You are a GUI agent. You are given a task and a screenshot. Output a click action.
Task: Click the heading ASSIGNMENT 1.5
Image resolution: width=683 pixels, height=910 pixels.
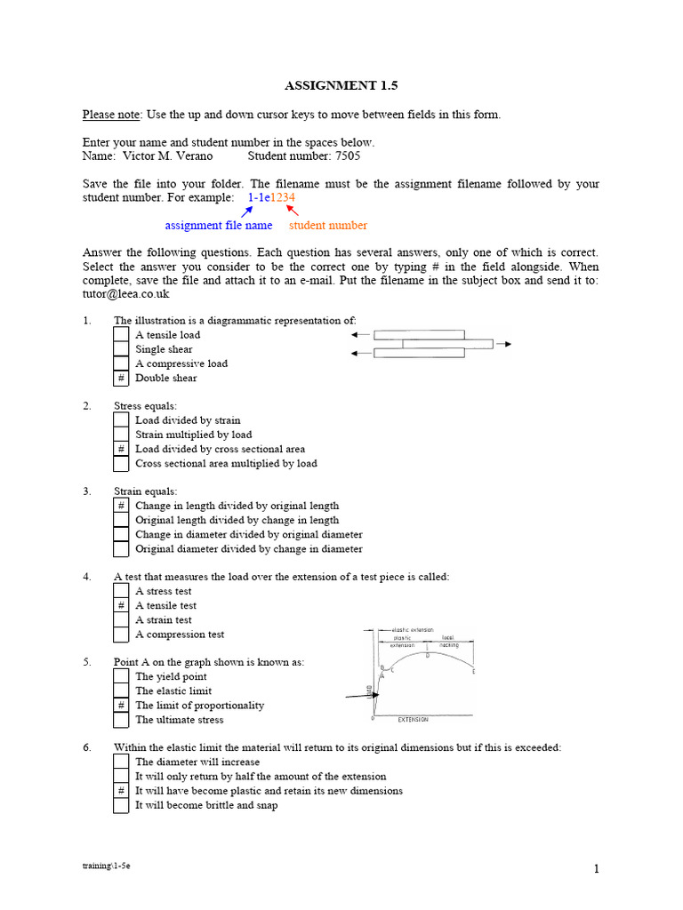tap(341, 85)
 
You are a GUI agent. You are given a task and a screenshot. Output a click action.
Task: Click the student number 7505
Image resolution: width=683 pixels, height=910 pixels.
tap(348, 156)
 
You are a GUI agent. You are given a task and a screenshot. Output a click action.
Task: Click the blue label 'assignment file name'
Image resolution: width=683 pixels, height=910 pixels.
tap(219, 226)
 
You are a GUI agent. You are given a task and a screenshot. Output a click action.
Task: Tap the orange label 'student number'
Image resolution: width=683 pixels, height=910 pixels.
tap(328, 226)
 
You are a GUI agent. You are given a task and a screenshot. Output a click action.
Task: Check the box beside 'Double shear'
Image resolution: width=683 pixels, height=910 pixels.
tap(121, 379)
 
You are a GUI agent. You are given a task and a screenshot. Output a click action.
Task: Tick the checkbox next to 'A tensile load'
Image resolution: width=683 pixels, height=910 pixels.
tap(121, 335)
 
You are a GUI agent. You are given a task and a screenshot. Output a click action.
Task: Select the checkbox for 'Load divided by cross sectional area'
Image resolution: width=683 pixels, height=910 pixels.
tap(121, 450)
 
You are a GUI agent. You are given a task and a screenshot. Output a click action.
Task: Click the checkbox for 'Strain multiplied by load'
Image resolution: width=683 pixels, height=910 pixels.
tap(121, 435)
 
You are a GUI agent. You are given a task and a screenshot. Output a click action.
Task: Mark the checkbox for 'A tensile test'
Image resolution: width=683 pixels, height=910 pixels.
tap(121, 606)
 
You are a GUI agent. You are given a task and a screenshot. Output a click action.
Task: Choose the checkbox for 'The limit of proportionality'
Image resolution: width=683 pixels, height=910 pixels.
tap(121, 706)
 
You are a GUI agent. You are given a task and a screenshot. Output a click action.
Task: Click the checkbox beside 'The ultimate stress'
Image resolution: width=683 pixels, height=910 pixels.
tap(121, 720)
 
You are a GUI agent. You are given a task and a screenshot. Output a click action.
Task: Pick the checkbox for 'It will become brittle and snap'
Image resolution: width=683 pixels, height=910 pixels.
tap(121, 805)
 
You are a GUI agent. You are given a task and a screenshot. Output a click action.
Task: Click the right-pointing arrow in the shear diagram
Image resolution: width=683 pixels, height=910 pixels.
tap(503, 344)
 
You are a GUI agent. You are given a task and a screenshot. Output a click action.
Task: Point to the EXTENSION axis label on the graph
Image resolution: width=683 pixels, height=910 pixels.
tap(413, 719)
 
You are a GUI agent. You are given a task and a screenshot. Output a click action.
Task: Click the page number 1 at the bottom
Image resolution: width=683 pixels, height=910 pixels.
tap(597, 870)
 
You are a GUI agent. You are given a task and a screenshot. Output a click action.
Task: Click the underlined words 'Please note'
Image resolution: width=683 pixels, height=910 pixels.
tap(111, 115)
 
